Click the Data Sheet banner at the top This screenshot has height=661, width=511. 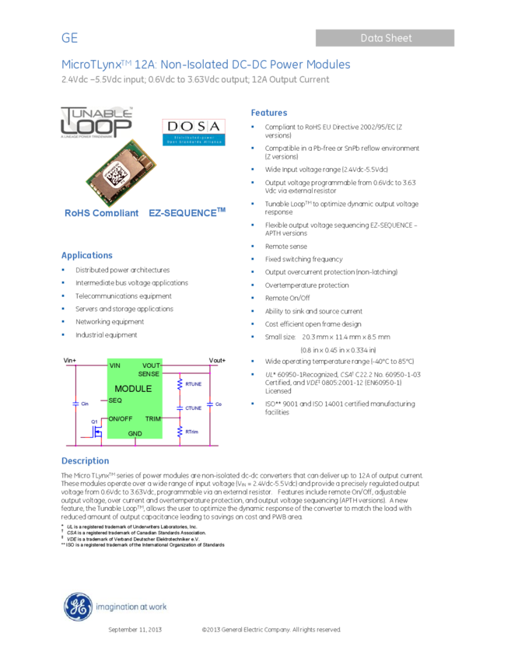click(x=385, y=38)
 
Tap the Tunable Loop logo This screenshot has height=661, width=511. click(x=96, y=122)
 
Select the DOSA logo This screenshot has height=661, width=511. click(x=193, y=131)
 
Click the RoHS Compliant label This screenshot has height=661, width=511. click(x=101, y=213)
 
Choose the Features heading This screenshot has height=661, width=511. click(x=269, y=113)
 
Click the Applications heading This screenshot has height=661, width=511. click(x=87, y=255)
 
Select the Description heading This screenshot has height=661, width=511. click(x=85, y=461)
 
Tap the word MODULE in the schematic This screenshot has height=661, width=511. click(x=133, y=389)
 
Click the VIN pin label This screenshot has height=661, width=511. click(x=115, y=365)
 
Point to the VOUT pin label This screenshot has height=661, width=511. click(x=151, y=365)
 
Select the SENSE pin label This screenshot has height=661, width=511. click(x=149, y=374)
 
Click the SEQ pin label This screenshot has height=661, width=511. click(x=115, y=400)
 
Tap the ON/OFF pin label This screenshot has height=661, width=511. click(x=121, y=419)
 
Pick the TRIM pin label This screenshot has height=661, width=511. click(x=152, y=419)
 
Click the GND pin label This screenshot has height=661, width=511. click(x=135, y=433)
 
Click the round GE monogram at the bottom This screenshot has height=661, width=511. click(x=78, y=607)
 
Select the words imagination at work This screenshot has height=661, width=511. click(x=131, y=607)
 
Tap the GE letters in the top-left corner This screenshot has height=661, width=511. click(x=70, y=38)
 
